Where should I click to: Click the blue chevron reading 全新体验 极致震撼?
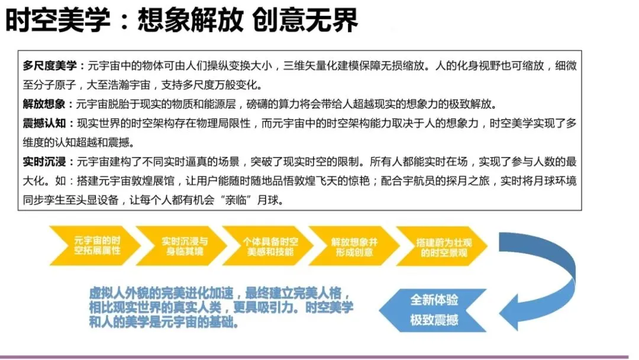pyautogui.click(x=434, y=310)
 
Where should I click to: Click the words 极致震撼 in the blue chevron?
pyautogui.click(x=434, y=320)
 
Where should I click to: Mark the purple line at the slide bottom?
pyautogui.click(x=319, y=357)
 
